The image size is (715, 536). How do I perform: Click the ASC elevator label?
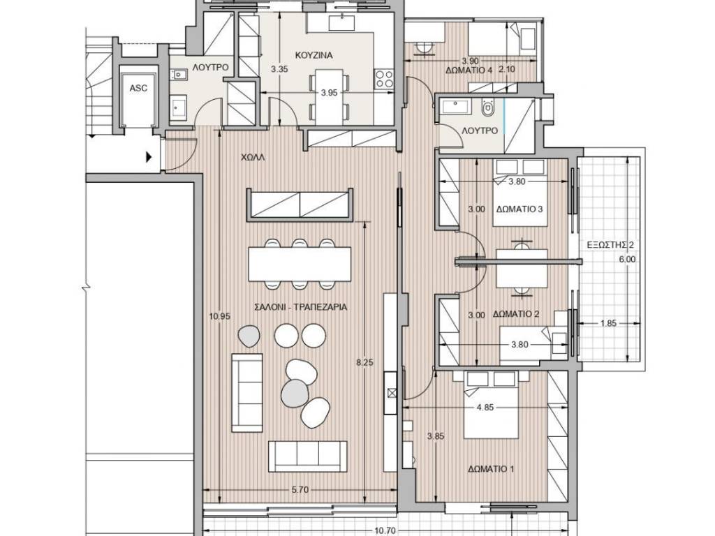[x=138, y=88]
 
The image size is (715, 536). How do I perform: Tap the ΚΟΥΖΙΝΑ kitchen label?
[x=314, y=55]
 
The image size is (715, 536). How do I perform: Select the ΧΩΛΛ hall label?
[x=253, y=158]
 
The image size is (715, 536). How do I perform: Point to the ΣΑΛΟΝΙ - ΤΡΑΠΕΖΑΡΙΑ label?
[x=300, y=307]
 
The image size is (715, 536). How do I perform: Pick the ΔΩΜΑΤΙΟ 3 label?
[x=519, y=209]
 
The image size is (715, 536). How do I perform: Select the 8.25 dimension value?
[x=364, y=362]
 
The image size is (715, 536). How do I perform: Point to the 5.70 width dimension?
[x=300, y=490]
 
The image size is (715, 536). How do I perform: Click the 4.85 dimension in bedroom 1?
[x=485, y=408]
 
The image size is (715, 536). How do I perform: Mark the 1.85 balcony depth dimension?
[x=608, y=323]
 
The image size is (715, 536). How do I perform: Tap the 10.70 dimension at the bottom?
[x=385, y=530]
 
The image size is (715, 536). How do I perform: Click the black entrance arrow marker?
[x=149, y=157]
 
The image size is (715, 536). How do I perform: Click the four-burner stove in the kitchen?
[x=385, y=79]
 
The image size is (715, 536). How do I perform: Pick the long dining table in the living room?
[x=300, y=264]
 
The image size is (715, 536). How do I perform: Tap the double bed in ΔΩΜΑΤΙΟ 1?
[x=491, y=405]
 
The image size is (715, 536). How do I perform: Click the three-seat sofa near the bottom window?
[x=307, y=456]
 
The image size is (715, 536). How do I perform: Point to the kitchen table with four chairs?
[x=329, y=96]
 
